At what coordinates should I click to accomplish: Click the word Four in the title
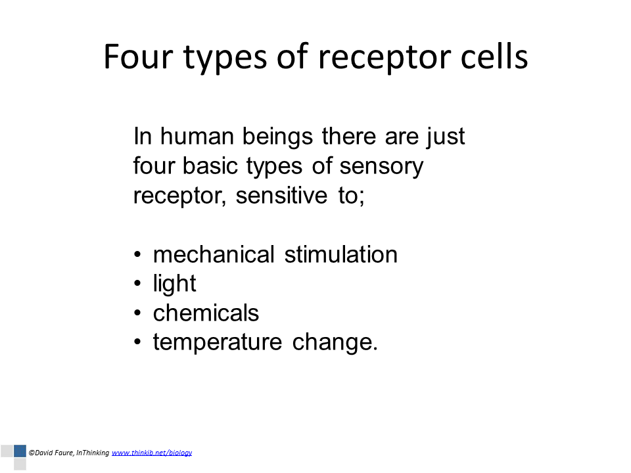[x=138, y=56]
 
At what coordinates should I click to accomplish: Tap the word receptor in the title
[x=385, y=58]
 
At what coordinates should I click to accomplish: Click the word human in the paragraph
[x=197, y=136]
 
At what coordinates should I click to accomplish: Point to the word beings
[x=277, y=137]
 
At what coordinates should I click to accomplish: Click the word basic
[x=209, y=166]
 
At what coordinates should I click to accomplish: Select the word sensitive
[x=281, y=196]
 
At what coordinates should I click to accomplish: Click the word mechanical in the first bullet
[x=214, y=254]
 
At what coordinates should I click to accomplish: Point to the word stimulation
[x=341, y=254]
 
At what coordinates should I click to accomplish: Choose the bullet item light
[x=174, y=284]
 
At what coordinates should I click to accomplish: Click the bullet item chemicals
[x=206, y=313]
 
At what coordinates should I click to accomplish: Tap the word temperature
[x=218, y=342]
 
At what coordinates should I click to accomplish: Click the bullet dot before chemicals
[x=137, y=313]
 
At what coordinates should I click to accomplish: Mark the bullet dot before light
[x=137, y=284]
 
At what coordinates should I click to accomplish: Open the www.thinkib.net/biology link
[x=152, y=453]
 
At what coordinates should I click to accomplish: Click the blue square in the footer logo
[x=20, y=451]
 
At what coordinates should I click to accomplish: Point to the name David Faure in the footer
[x=53, y=453]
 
